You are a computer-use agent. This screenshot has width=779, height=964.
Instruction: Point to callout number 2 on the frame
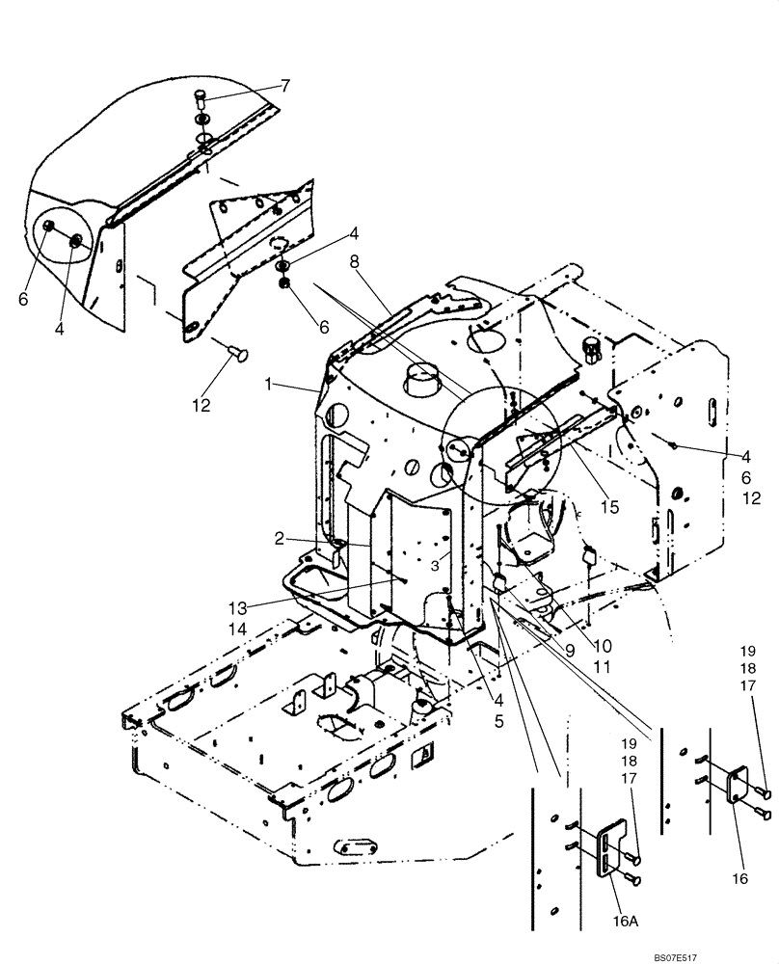[x=279, y=539]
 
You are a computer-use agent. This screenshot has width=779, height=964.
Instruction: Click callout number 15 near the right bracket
[x=607, y=506]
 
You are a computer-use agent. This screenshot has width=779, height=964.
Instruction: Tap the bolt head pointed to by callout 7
[x=201, y=95]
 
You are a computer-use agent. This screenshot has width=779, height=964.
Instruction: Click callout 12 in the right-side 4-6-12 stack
[x=753, y=498]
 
